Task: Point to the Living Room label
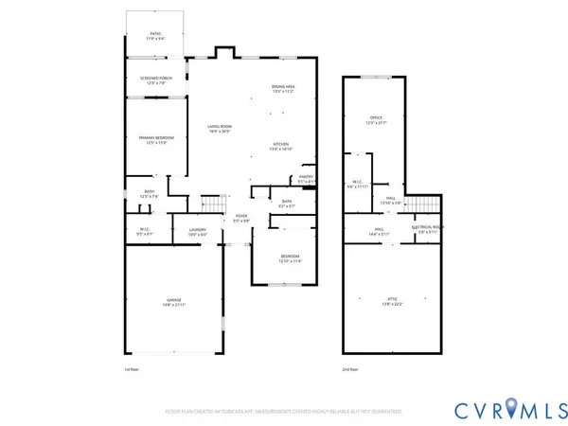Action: [x=220, y=129]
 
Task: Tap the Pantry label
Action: [x=306, y=178]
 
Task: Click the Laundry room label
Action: [x=198, y=231]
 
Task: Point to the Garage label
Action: [x=172, y=302]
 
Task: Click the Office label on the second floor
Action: [x=376, y=120]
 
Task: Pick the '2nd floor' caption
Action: [x=352, y=369]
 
